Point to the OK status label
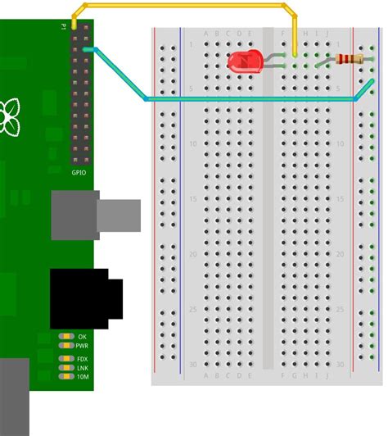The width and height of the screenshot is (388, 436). (x=83, y=337)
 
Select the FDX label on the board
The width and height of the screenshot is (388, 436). (x=83, y=359)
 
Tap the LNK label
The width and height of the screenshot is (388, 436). (x=83, y=368)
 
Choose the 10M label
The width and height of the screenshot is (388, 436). (x=83, y=377)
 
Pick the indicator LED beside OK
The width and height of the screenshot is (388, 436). (x=65, y=337)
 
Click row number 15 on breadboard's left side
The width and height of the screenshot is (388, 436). (x=193, y=199)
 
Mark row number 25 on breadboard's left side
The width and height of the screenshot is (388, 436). (x=193, y=309)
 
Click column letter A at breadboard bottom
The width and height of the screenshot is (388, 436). (x=206, y=376)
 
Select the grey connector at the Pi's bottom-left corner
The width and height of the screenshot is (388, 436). (x=14, y=397)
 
